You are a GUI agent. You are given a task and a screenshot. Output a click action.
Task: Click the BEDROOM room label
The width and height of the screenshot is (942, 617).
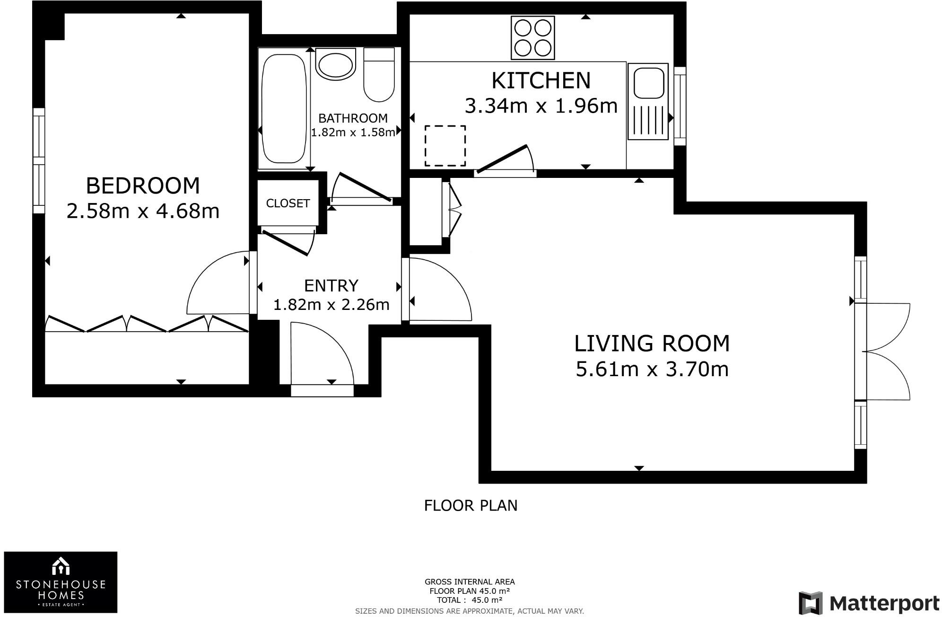click(143, 185)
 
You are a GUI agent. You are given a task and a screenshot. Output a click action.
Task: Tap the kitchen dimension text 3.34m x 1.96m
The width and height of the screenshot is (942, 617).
click(541, 106)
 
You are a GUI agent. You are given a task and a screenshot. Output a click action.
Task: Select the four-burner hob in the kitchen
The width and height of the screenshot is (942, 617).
click(532, 38)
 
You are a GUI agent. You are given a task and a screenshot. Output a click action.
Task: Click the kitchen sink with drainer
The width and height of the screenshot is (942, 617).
click(648, 101)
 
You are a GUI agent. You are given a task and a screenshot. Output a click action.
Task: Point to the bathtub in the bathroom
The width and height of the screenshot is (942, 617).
click(283, 109)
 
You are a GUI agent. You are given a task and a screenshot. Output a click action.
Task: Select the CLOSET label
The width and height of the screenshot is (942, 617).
click(288, 203)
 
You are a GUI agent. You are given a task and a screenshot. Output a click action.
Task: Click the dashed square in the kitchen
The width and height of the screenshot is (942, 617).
click(445, 146)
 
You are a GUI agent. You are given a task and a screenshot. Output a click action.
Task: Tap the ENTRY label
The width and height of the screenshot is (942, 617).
click(331, 286)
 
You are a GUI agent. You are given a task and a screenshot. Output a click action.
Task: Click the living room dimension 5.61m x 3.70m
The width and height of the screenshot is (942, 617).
click(652, 369)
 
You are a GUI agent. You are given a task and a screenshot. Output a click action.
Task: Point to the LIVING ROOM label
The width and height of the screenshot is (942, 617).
click(652, 344)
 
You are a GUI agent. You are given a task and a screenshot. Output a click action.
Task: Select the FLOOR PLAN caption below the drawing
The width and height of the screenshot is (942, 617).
click(471, 506)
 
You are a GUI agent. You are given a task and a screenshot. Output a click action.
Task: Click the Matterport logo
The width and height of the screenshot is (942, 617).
click(869, 603)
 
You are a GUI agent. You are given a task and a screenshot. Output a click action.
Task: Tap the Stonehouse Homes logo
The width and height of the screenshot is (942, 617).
click(61, 582)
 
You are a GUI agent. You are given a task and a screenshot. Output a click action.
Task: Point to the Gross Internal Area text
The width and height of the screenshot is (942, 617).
click(470, 582)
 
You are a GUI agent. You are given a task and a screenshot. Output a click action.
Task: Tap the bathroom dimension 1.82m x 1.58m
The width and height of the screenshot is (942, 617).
click(353, 132)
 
